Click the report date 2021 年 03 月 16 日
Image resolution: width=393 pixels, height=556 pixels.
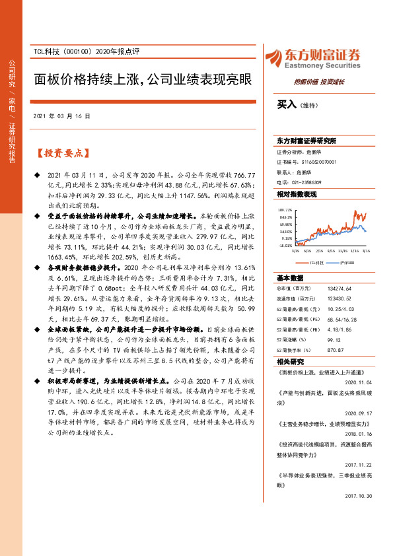tap(61, 116)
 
